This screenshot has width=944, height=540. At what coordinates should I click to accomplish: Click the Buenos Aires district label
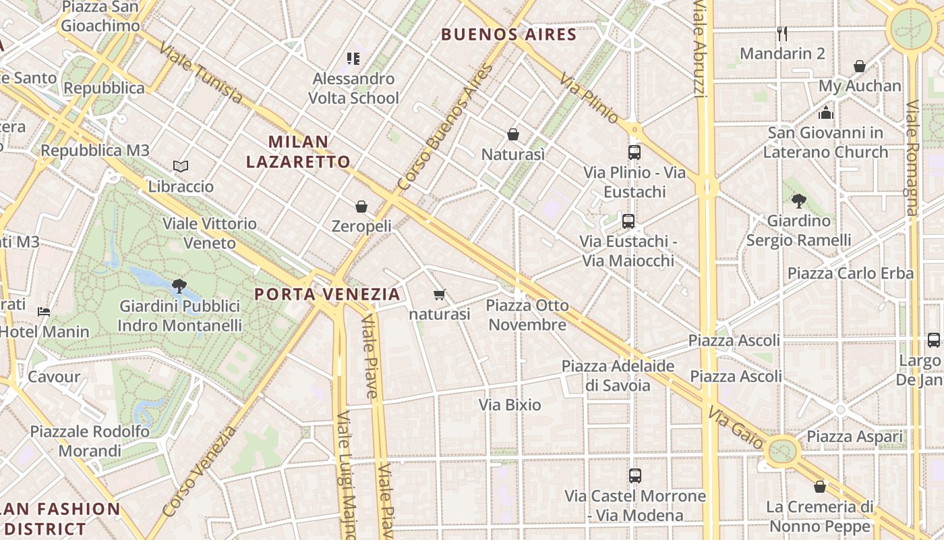pos(508,34)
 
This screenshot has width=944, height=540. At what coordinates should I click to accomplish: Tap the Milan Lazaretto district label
pos(298,152)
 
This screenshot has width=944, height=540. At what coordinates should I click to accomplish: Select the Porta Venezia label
pos(328,294)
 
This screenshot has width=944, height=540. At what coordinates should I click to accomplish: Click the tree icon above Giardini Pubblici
pos(179,286)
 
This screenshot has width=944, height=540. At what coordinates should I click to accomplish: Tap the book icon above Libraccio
pos(181,166)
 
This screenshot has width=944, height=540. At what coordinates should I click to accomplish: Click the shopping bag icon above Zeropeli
pos(361,206)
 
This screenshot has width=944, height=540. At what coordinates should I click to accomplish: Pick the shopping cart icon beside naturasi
pos(440,294)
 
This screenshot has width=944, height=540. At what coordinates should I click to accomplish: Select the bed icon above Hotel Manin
pos(44,312)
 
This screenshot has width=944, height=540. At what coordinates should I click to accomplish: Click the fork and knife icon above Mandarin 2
pos(782,33)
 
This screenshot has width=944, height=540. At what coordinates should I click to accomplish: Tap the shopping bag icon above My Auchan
pos(860,66)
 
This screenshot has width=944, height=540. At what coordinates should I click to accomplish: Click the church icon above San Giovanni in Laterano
pos(826,112)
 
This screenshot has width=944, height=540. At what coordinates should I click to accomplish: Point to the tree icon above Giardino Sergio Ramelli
pos(799,200)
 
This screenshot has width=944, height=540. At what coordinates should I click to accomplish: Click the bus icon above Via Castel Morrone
pos(635,476)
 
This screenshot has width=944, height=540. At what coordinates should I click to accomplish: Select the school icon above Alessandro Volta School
pos(353,59)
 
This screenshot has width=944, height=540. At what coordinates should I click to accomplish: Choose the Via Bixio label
pos(510,405)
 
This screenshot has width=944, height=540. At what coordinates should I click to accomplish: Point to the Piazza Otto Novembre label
pos(527,315)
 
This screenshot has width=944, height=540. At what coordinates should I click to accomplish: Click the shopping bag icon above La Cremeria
pos(820,486)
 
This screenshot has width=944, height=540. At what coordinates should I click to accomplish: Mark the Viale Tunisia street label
pos(201,74)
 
